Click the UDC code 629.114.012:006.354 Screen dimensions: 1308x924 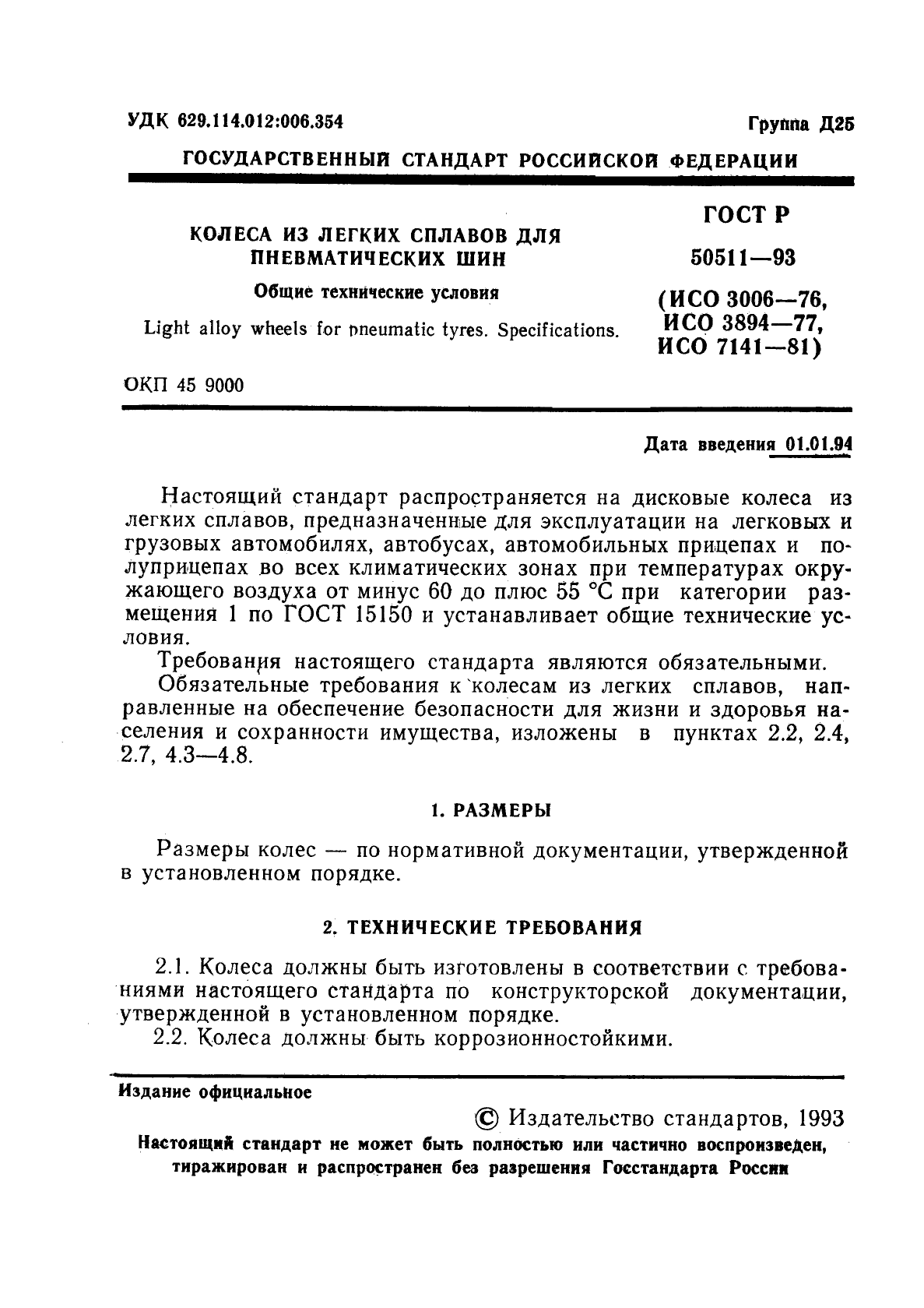pos(260,122)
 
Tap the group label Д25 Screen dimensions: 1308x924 pos(837,125)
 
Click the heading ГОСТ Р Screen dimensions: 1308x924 pos(747,216)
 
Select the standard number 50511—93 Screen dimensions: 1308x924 pos(743,258)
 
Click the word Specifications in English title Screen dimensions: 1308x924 pos(558,330)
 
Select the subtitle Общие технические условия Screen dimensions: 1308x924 pos(377,293)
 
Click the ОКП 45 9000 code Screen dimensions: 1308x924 pos(184,386)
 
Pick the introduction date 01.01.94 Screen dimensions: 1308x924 pos(818,445)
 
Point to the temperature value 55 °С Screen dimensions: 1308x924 pos(585,592)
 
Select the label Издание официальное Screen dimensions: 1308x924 pos(215,1092)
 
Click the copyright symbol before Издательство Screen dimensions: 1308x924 pos(487,1119)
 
